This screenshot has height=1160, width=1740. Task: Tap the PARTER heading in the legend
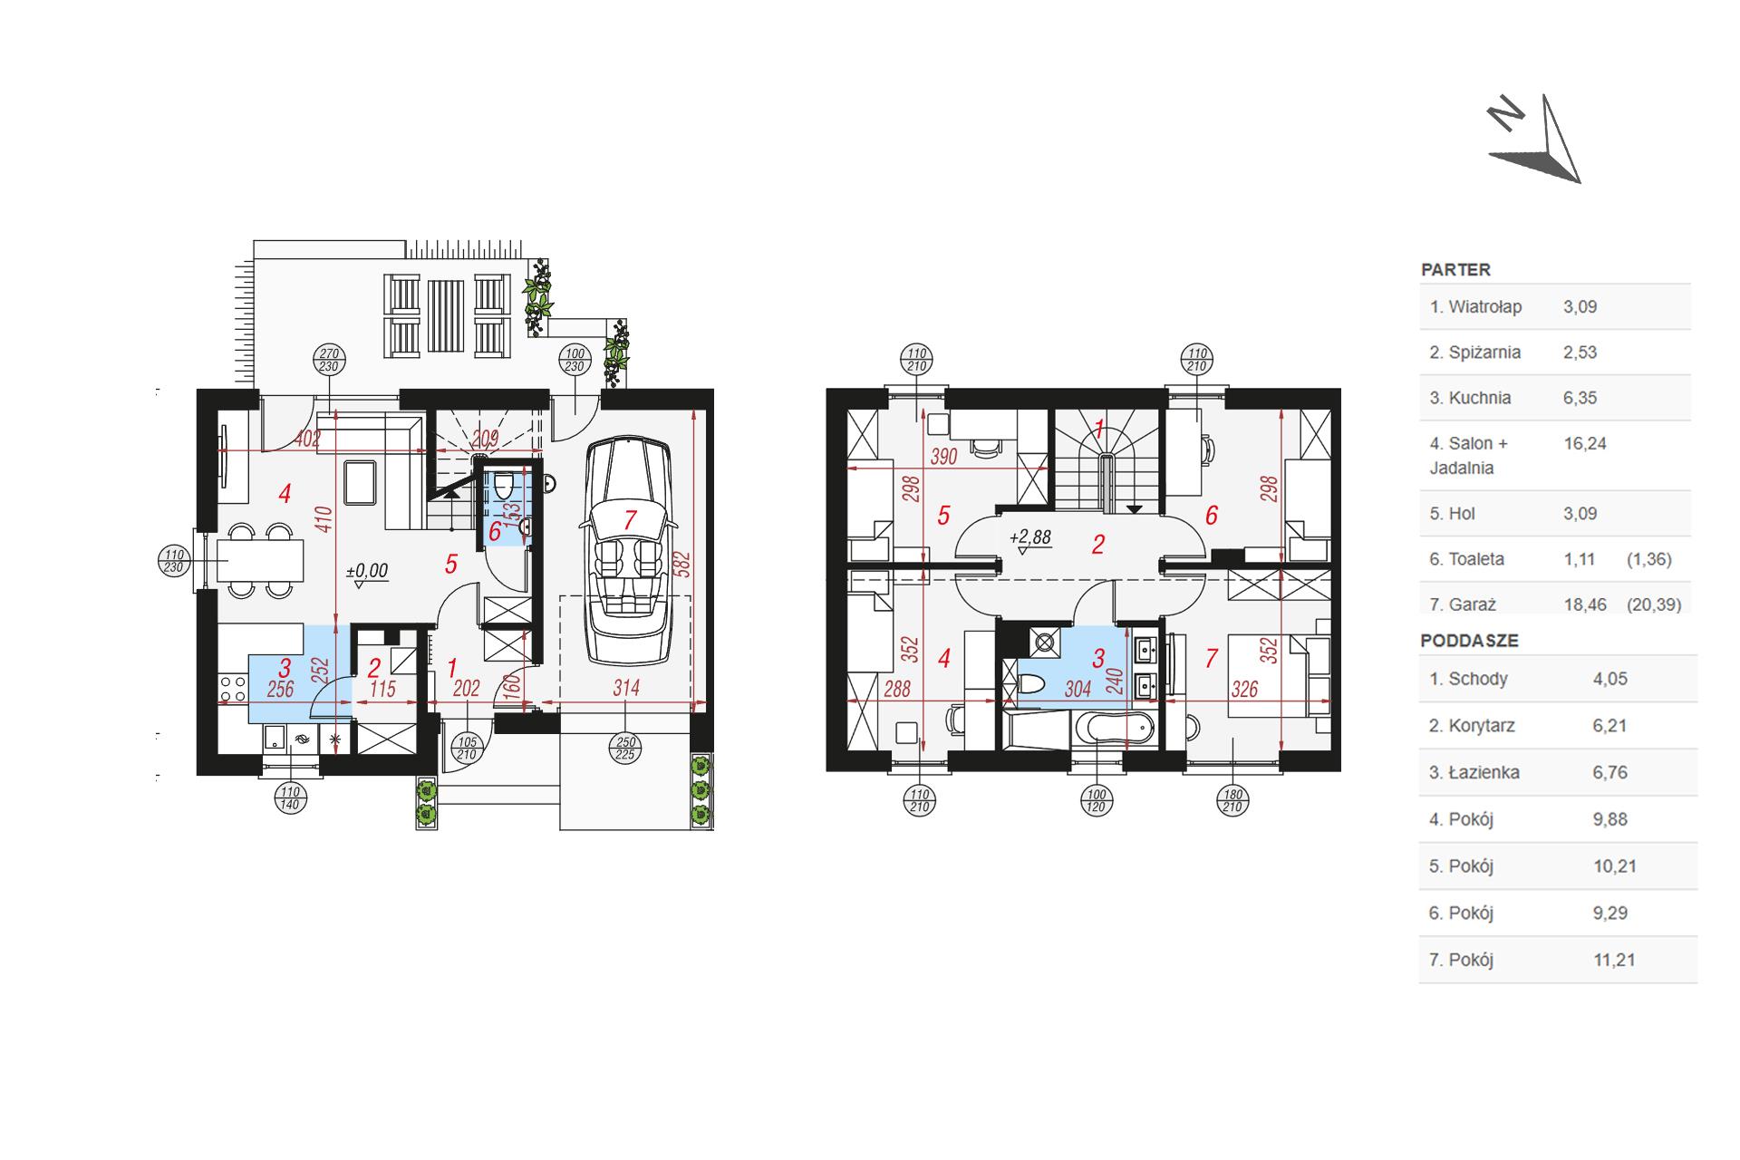point(1455,269)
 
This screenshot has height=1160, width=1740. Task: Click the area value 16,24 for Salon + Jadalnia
point(1585,443)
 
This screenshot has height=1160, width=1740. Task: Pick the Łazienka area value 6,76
point(1610,772)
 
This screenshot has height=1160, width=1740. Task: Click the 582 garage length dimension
point(684,564)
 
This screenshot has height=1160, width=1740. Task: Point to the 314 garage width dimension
point(626,688)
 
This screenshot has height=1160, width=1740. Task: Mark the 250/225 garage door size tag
point(626,749)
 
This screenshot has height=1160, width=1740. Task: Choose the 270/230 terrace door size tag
point(329,360)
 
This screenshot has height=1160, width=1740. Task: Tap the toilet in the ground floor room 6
point(505,486)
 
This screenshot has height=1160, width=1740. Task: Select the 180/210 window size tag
point(1233,801)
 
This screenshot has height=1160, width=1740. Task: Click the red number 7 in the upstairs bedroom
point(1211,659)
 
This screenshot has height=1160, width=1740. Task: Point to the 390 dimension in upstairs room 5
point(943,457)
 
